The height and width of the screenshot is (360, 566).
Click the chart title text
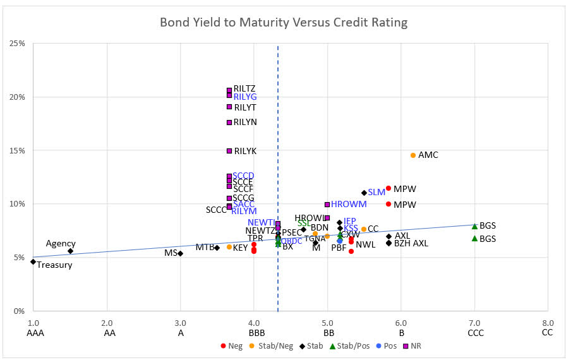[283, 23]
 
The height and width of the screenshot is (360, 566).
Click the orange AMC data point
[413, 155]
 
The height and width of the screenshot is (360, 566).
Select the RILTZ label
[244, 88]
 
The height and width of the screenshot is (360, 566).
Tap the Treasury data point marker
[33, 261]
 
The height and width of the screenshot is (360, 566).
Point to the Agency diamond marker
[70, 251]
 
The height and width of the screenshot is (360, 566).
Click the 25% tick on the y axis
[17, 44]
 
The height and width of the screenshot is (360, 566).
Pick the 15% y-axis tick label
[17, 150]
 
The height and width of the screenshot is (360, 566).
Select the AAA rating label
[33, 334]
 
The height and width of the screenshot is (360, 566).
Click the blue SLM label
[376, 192]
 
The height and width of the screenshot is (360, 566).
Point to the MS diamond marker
[181, 253]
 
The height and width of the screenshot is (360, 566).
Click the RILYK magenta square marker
[229, 151]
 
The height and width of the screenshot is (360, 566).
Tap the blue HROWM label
[349, 205]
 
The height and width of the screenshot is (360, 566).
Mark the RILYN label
[245, 122]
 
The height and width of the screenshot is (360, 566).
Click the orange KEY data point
[229, 247]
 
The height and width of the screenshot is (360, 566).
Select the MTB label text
[204, 248]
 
